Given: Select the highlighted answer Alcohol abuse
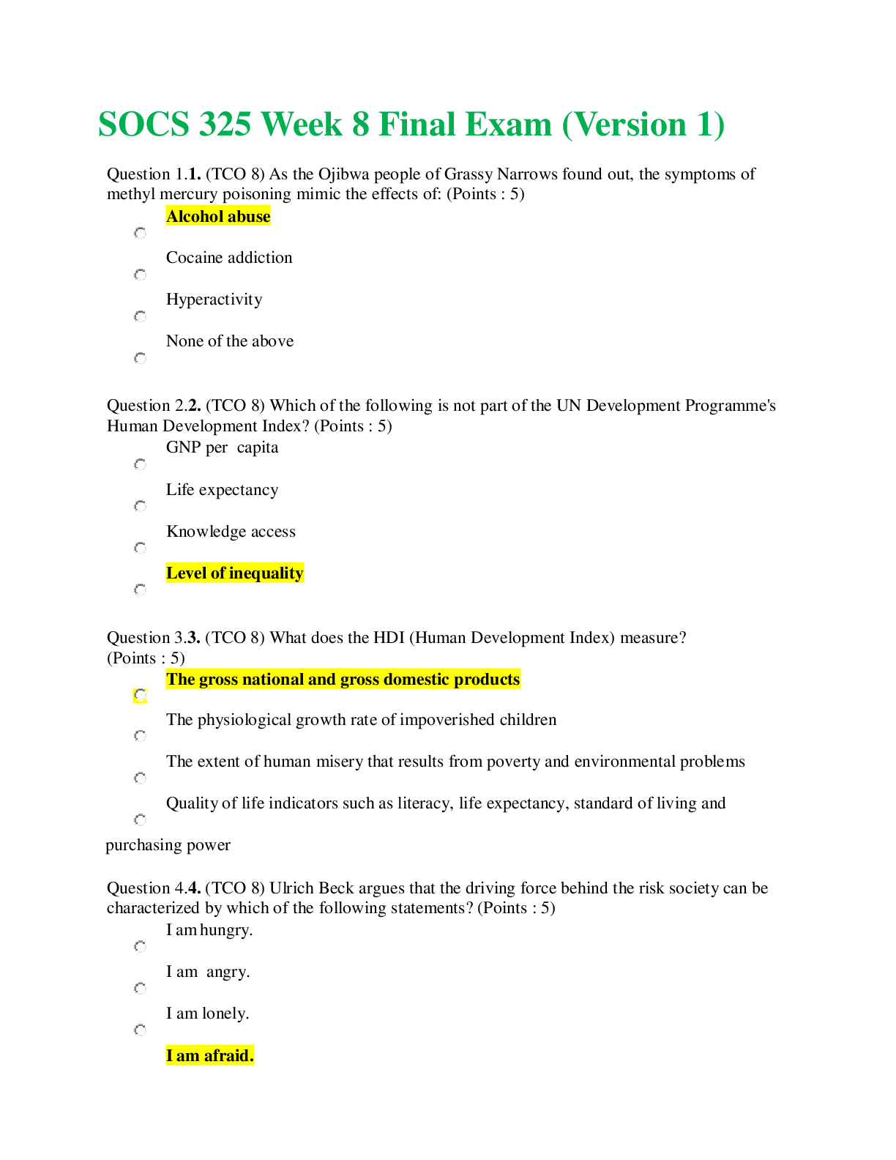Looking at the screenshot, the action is point(218,216).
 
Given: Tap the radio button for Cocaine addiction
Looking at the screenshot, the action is point(140,275).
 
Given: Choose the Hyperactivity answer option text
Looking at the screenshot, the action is point(214,300).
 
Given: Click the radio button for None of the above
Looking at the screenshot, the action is point(140,358).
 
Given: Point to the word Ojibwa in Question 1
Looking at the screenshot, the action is point(343,174).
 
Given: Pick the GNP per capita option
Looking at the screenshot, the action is point(222,447).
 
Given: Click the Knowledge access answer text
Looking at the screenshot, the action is point(231,531).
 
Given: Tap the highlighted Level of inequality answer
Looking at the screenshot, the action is point(235,573).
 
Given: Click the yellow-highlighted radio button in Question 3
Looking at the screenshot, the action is point(140,695).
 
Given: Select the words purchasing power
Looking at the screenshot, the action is point(168,845).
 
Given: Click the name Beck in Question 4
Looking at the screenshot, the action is point(336,888).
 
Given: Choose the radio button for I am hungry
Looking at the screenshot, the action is point(140,946).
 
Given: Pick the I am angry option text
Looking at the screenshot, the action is point(208,972).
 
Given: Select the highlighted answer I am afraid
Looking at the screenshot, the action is point(209,1055).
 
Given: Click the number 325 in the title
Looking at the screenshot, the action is point(225,124).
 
